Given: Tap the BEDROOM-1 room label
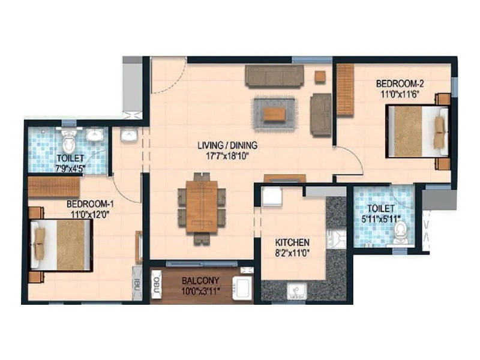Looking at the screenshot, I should click(x=91, y=203).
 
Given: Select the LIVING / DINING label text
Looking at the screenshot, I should click(x=228, y=145).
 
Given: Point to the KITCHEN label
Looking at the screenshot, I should click(x=292, y=242).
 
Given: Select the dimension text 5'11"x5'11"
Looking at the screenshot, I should click(x=382, y=218).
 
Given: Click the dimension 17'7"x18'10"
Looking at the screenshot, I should click(x=228, y=155).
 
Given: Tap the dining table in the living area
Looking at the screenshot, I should click(x=201, y=206).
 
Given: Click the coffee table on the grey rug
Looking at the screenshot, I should click(x=275, y=113).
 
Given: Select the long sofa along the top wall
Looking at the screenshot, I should click(x=274, y=76).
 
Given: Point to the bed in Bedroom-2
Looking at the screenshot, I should click(x=417, y=131).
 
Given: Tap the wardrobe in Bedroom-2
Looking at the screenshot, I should click(x=345, y=90).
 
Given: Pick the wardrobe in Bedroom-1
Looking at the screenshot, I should click(x=54, y=187).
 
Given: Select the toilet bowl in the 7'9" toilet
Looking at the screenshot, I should click(x=69, y=139).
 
